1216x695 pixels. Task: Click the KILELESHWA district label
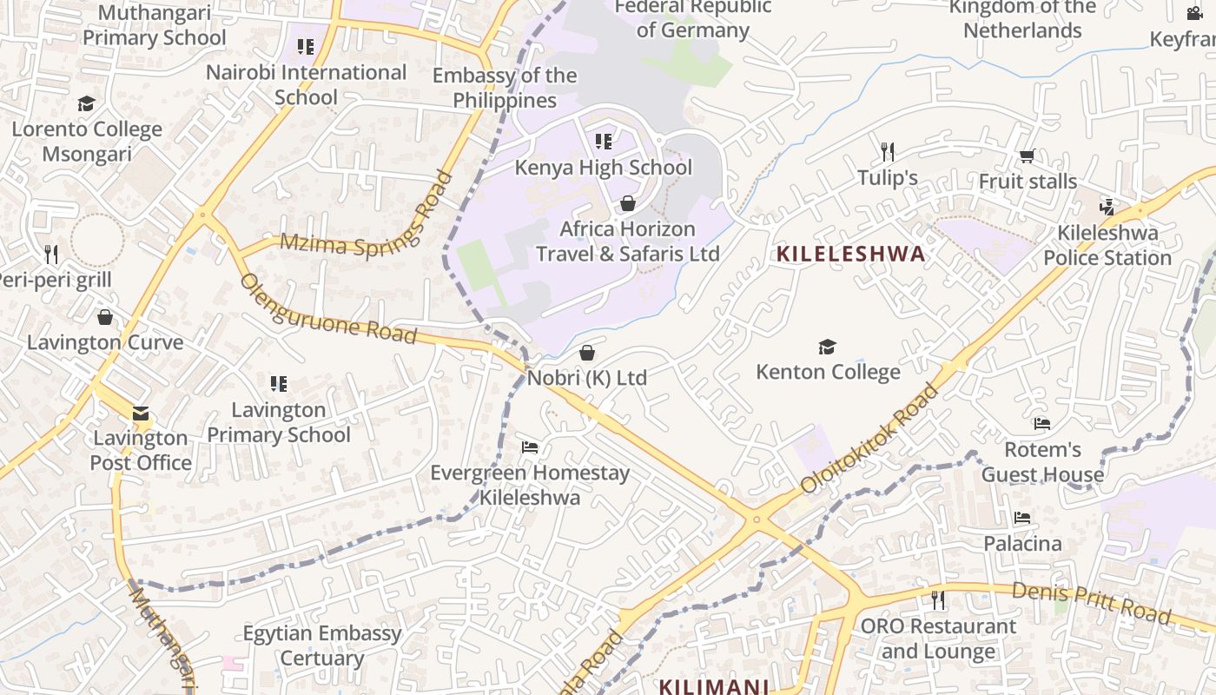pyautogui.click(x=850, y=255)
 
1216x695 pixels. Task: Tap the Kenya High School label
pyautogui.click(x=604, y=168)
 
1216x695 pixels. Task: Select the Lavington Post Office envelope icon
pyautogui.click(x=141, y=414)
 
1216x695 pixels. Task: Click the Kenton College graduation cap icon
pyautogui.click(x=827, y=347)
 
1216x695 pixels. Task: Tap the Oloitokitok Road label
pyautogui.click(x=871, y=439)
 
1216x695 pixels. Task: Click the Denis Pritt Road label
pyautogui.click(x=1091, y=603)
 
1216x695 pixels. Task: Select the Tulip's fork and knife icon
pyautogui.click(x=887, y=152)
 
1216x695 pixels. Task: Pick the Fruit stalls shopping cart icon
pyautogui.click(x=1027, y=156)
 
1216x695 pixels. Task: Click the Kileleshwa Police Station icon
pyautogui.click(x=1107, y=207)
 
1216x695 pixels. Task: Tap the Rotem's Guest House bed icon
pyautogui.click(x=1042, y=424)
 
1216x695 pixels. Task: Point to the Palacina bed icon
pyautogui.click(x=1022, y=518)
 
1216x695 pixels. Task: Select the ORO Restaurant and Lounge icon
pyautogui.click(x=937, y=599)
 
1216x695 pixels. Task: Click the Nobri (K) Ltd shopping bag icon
pyautogui.click(x=587, y=353)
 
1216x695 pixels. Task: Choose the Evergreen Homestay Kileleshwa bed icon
pyautogui.click(x=530, y=447)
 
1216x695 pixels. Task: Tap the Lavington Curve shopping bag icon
pyautogui.click(x=105, y=317)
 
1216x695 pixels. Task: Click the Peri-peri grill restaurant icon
pyautogui.click(x=51, y=255)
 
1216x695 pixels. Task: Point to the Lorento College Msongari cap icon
pyautogui.click(x=86, y=104)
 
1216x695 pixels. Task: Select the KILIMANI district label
pyautogui.click(x=713, y=686)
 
